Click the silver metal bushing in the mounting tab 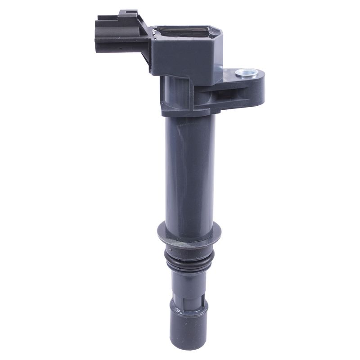(247, 72)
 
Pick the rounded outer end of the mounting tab (260, 88)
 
